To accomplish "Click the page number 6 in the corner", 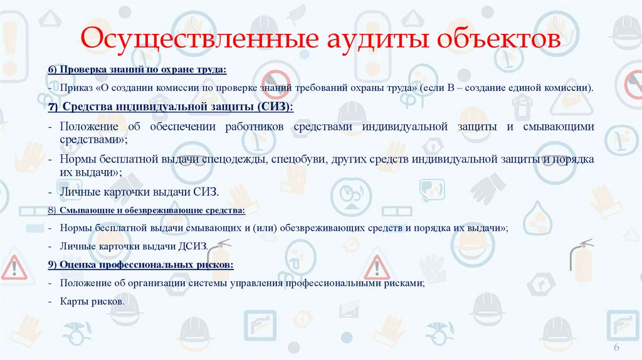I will click(615, 348).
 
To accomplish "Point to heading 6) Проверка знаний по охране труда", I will click(137, 69).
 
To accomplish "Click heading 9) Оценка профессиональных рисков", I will click(141, 265).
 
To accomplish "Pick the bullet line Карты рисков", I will click(92, 302).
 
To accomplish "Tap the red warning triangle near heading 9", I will click(377, 267).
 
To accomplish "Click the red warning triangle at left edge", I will click(13, 268).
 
